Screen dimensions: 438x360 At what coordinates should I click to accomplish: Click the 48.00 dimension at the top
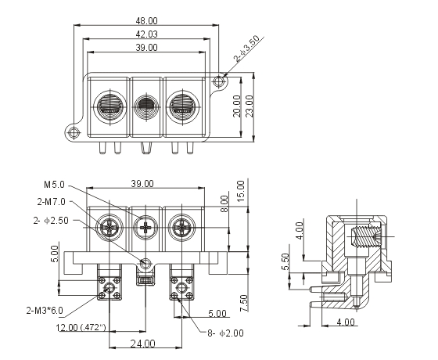click(x=146, y=20)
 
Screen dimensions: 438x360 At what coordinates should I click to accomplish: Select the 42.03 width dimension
click(x=146, y=34)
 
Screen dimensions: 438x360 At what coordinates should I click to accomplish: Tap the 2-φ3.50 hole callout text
click(x=246, y=49)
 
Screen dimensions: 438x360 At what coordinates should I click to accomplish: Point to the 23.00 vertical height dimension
click(x=249, y=106)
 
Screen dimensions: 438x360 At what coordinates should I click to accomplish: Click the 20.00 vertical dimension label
click(x=236, y=106)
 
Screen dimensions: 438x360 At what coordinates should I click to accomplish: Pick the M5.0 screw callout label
click(x=54, y=185)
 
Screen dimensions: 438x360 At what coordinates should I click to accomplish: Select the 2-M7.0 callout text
click(x=51, y=202)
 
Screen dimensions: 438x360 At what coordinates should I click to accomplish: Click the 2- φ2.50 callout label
click(x=51, y=221)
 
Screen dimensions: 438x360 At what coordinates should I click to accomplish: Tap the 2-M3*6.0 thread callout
click(x=45, y=310)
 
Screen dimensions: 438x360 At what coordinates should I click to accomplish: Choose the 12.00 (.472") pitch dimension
click(x=81, y=327)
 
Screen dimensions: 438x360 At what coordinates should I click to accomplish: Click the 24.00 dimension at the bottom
click(x=142, y=344)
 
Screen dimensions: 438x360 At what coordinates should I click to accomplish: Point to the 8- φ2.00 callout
click(x=225, y=333)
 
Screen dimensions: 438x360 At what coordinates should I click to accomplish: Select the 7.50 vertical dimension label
click(x=243, y=304)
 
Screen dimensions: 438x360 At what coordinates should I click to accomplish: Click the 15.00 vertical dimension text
click(x=240, y=191)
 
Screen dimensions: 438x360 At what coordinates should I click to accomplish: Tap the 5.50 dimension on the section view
click(x=285, y=261)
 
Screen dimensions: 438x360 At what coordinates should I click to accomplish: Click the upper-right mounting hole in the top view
click(x=218, y=81)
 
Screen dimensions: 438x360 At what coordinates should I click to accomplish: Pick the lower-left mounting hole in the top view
click(x=74, y=132)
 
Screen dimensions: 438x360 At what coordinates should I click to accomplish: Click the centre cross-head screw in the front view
click(x=145, y=228)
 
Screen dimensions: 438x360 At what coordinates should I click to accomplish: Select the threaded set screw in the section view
click(x=366, y=237)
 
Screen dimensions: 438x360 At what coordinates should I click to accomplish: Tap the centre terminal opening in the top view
click(x=146, y=106)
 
